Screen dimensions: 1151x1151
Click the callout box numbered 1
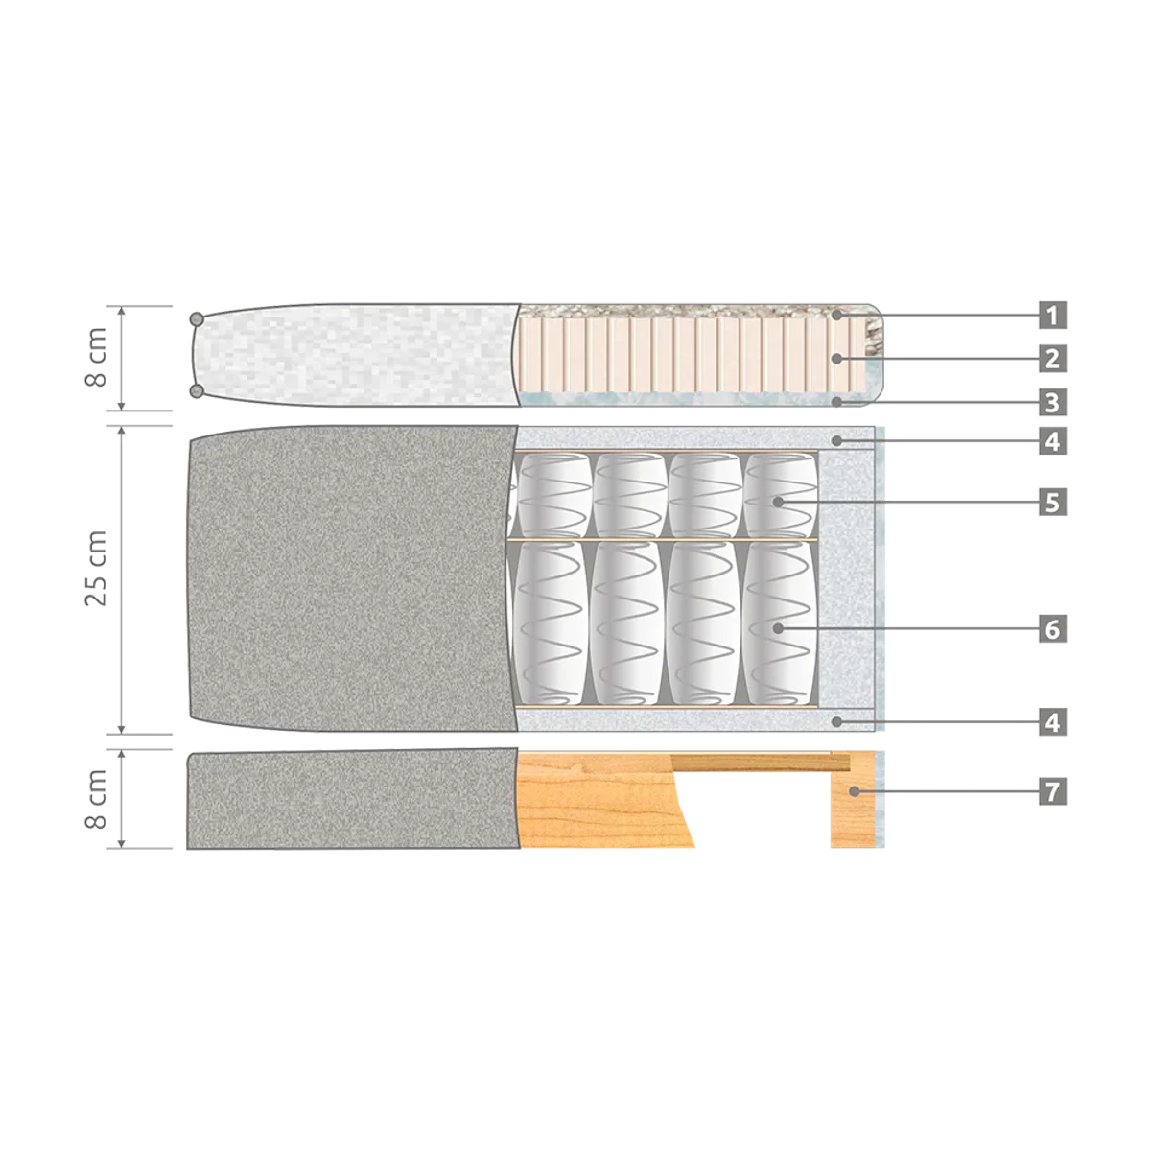pyautogui.click(x=1052, y=315)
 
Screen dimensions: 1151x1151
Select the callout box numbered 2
pyautogui.click(x=1052, y=359)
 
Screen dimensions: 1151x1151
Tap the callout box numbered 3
pyautogui.click(x=1052, y=402)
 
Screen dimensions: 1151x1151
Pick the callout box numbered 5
pyautogui.click(x=1052, y=502)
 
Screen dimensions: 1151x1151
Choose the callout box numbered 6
pyautogui.click(x=1052, y=629)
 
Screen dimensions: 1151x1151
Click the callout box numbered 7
pyautogui.click(x=1052, y=791)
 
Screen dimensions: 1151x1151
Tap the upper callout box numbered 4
pyautogui.click(x=1052, y=441)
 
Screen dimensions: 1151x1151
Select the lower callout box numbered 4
pyautogui.click(x=1052, y=722)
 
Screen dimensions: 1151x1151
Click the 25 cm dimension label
pyautogui.click(x=96, y=568)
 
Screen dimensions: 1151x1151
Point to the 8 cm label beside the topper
pyautogui.click(x=96, y=357)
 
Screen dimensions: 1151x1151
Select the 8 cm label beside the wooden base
pyautogui.click(x=96, y=799)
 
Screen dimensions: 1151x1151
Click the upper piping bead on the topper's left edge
pyautogui.click(x=196, y=319)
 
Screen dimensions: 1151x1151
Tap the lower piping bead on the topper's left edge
pyautogui.click(x=196, y=391)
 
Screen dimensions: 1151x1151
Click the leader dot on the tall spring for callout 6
pyautogui.click(x=778, y=628)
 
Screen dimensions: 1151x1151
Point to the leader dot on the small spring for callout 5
pyautogui.click(x=778, y=502)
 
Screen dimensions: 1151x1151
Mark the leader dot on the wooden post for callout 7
pyautogui.click(x=855, y=791)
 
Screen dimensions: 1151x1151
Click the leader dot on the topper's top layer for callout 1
pyautogui.click(x=837, y=315)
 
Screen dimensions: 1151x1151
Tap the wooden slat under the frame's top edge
pyautogui.click(x=760, y=763)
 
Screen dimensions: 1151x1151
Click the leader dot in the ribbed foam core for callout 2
pyautogui.click(x=837, y=359)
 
